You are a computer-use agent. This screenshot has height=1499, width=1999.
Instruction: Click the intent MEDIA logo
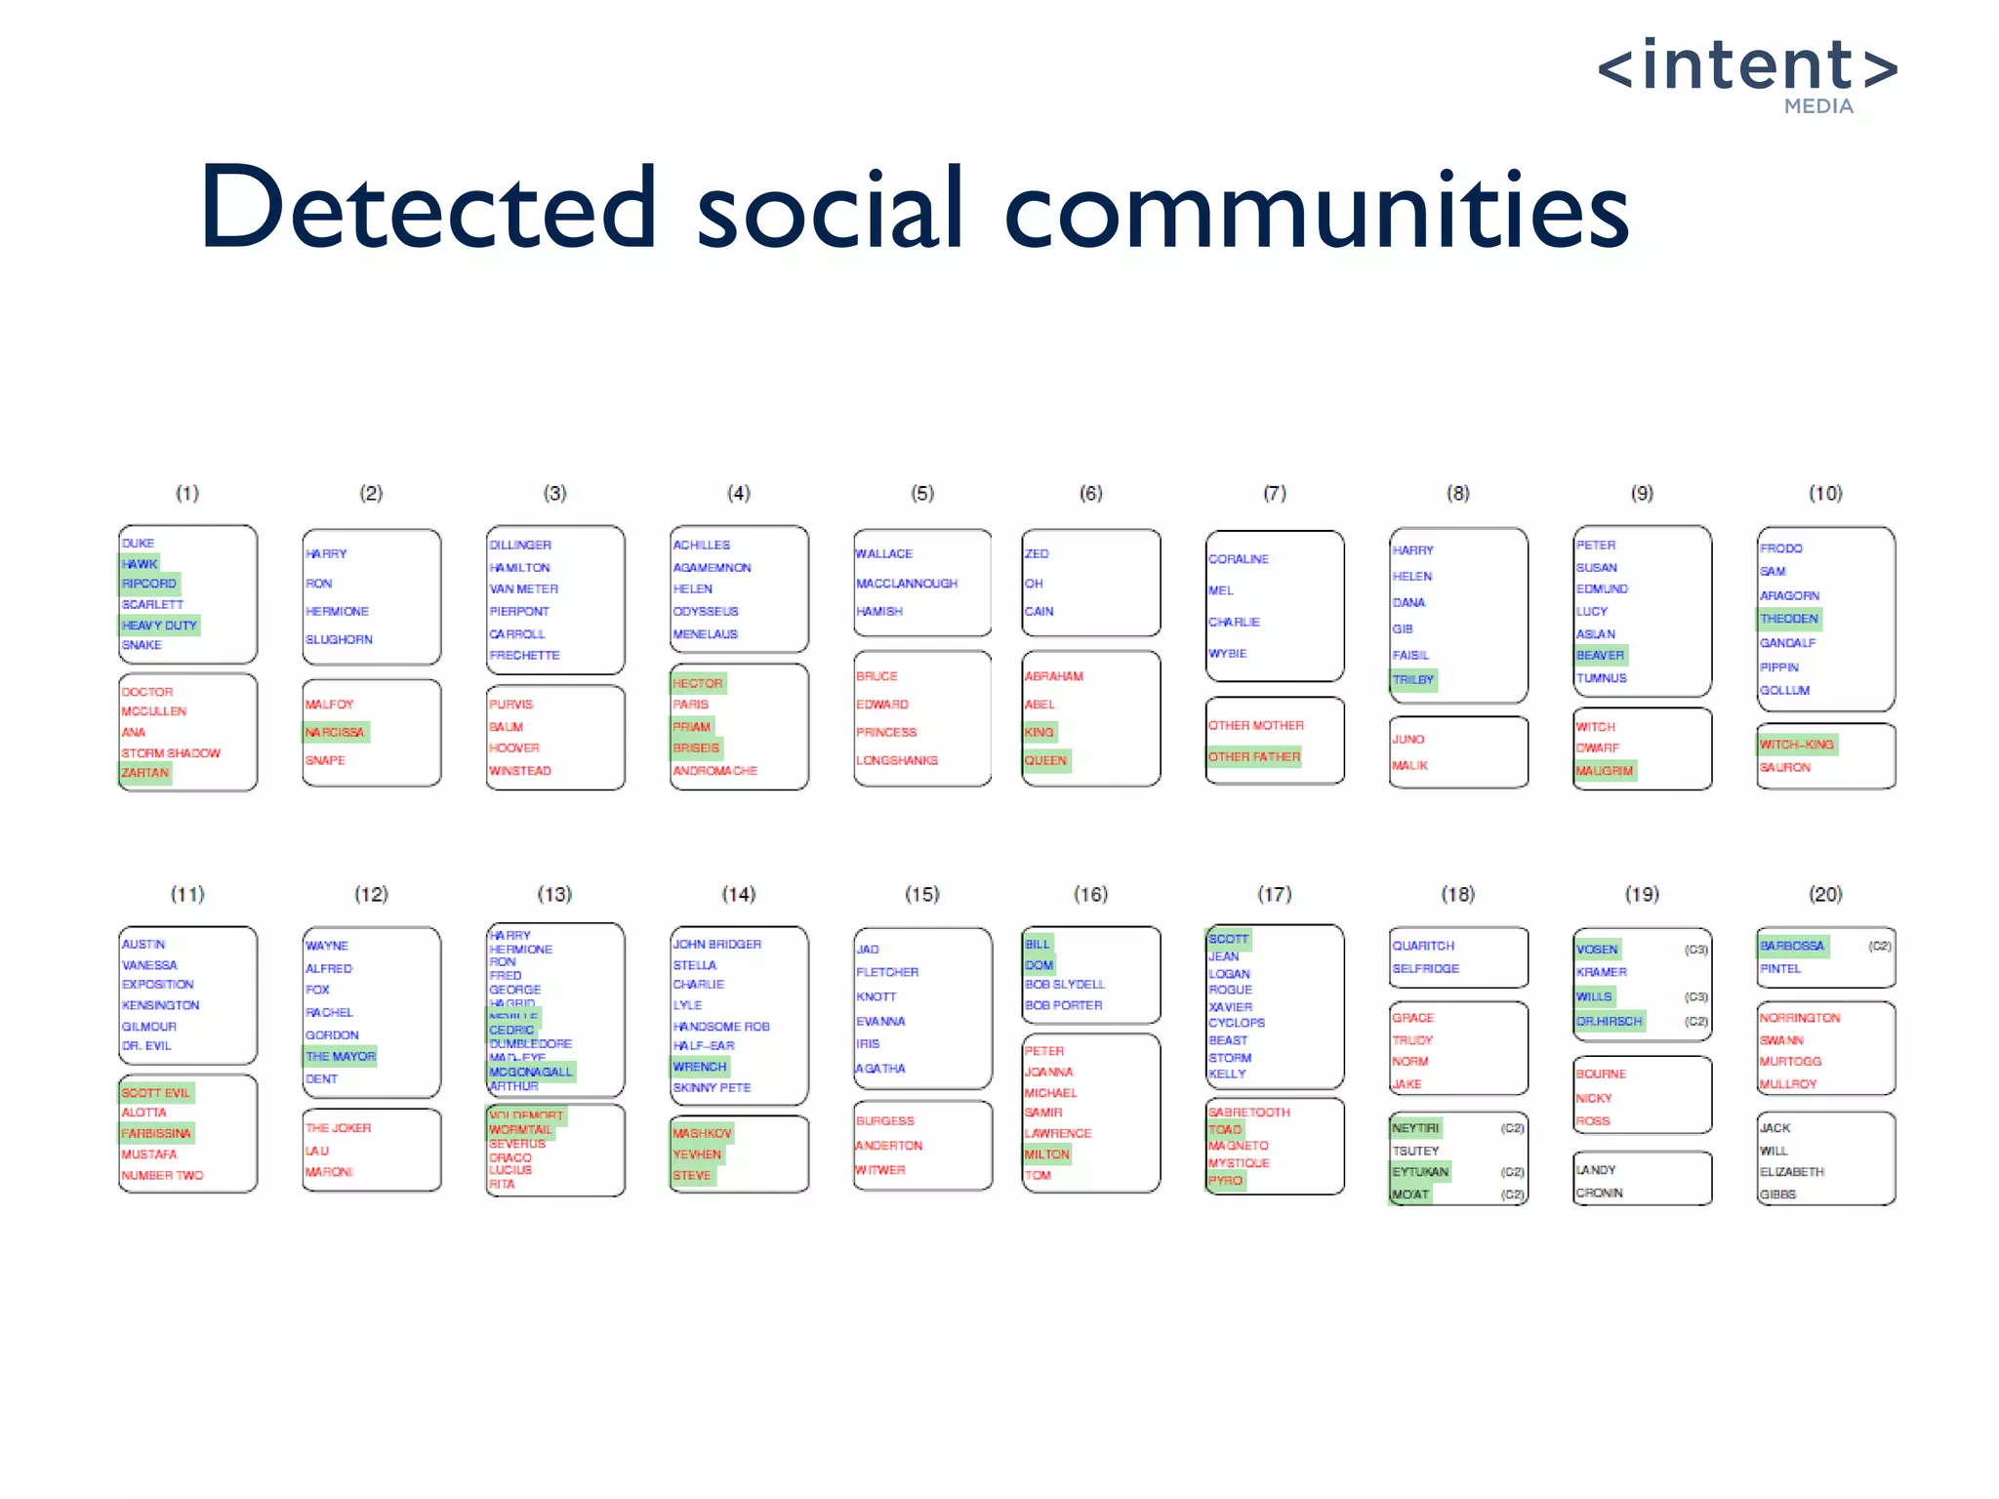click(x=1747, y=74)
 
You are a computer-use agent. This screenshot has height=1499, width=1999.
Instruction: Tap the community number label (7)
click(x=1275, y=493)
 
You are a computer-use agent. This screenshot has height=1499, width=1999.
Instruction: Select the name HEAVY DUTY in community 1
click(x=159, y=625)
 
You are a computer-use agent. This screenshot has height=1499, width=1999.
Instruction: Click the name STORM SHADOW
click(x=171, y=752)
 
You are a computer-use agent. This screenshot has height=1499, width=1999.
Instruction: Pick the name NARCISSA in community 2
click(x=335, y=732)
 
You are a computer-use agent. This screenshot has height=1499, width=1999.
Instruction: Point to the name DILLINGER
click(x=520, y=545)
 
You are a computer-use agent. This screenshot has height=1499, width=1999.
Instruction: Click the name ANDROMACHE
click(x=714, y=771)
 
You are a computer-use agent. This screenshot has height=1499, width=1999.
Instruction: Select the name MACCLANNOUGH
click(x=907, y=584)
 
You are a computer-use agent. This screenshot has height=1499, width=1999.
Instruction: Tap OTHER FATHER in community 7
click(x=1254, y=756)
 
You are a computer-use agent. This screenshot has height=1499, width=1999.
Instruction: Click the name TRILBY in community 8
click(x=1413, y=679)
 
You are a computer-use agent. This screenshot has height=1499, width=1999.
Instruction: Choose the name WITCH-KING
click(x=1797, y=744)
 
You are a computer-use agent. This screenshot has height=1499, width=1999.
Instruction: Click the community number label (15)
click(x=921, y=894)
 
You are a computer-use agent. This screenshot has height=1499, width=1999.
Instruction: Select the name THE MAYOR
click(x=341, y=1056)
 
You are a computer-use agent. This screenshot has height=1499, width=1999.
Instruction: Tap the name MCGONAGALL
click(x=531, y=1072)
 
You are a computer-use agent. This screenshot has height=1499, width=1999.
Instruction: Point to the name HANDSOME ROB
click(x=721, y=1026)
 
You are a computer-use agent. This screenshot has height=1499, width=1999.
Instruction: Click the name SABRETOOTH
click(x=1249, y=1113)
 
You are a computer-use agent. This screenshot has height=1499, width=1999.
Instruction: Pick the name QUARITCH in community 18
click(x=1423, y=946)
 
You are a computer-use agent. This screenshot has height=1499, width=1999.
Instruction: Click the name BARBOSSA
click(x=1792, y=946)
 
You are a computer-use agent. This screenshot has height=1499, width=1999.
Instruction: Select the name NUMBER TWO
click(x=163, y=1175)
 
